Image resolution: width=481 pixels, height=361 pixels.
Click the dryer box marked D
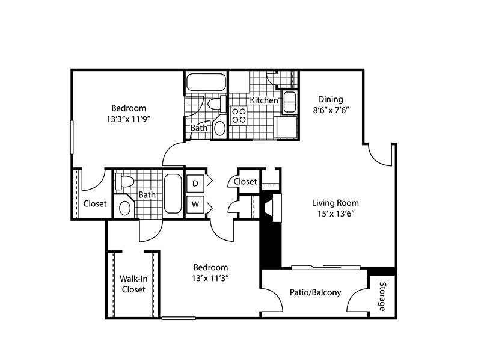[195, 184]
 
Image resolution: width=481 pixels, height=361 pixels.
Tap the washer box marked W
[195, 204]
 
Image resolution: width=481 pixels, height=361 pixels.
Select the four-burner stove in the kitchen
[239, 116]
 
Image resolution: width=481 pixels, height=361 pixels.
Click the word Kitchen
[264, 100]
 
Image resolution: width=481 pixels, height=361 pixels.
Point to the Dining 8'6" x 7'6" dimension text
[331, 110]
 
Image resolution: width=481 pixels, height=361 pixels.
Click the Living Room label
[335, 203]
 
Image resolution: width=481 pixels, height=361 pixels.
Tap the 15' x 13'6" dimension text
[336, 214]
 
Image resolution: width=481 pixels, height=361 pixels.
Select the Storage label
[382, 297]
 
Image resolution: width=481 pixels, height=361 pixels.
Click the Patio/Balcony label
[315, 292]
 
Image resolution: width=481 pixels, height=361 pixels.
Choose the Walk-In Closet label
[133, 284]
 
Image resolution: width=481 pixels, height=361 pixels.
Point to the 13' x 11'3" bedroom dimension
[211, 278]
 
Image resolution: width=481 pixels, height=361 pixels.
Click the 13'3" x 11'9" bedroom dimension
[129, 119]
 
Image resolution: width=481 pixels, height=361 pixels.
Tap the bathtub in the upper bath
[206, 82]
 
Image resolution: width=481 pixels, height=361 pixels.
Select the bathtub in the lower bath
[173, 194]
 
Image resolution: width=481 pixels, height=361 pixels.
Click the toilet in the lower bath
[124, 181]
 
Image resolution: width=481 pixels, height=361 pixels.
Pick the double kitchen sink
[289, 102]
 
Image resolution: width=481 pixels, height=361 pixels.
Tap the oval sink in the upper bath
[219, 128]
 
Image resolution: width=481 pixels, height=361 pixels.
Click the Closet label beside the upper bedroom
[95, 203]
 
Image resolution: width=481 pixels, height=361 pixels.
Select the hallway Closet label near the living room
[245, 182]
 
